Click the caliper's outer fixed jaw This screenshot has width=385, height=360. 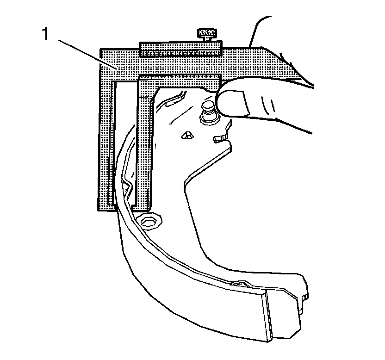click(105, 139)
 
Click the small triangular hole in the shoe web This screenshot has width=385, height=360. click(186, 135)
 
